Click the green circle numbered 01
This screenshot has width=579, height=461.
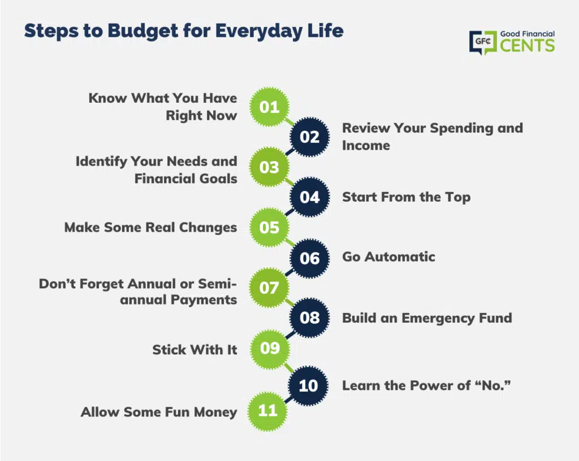(x=269, y=107)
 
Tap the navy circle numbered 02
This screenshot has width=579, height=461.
(x=309, y=137)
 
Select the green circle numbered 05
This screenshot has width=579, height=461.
(x=269, y=227)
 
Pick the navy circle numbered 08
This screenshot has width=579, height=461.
(x=309, y=318)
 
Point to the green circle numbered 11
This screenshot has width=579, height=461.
(x=267, y=411)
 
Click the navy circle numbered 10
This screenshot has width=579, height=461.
(x=308, y=386)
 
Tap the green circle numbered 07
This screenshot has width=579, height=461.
(x=269, y=288)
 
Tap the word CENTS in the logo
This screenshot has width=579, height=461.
(x=528, y=46)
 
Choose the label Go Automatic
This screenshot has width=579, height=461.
(x=389, y=256)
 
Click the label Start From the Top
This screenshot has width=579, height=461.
(x=407, y=197)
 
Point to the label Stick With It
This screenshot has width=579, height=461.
(x=195, y=350)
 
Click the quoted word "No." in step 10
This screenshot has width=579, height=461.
(x=492, y=385)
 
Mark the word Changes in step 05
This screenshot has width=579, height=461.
(x=208, y=228)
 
